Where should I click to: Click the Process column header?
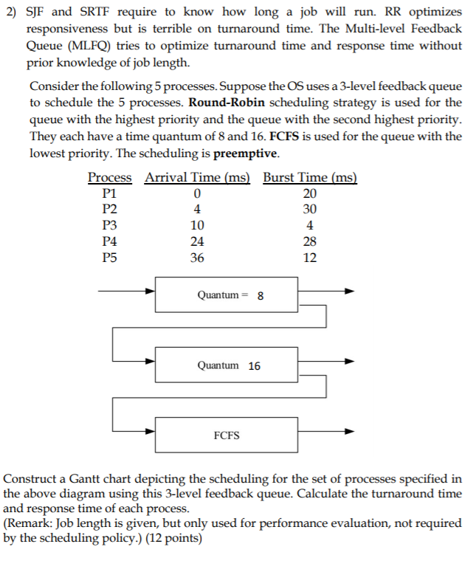110,177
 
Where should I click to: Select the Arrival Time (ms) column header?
197,177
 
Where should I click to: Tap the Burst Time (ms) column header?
310,177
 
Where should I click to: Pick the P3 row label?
109,225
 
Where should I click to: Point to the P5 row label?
109,258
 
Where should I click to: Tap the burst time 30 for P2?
310,209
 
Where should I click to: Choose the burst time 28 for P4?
310,241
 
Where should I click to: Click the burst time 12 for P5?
310,258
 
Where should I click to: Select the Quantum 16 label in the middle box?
229,365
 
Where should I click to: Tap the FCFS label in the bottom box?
227,435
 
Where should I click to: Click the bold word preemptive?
246,154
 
